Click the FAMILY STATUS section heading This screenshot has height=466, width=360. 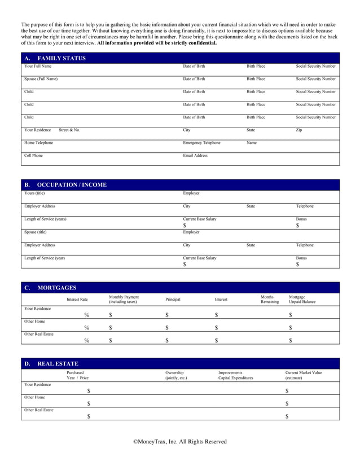62,59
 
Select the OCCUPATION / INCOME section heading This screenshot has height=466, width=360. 72,185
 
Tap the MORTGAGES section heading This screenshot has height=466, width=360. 56,288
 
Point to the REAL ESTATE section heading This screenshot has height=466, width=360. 58,364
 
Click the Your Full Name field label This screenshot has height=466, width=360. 38,67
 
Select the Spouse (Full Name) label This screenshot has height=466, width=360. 41,79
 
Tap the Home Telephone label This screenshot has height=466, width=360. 38,143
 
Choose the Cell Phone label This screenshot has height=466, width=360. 33,155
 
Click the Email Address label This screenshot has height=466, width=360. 195,155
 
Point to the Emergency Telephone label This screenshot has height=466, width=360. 201,143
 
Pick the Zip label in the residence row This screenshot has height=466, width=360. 299,130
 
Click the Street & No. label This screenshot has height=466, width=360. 69,130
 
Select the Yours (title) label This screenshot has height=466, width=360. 34,193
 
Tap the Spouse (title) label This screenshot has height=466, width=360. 36,231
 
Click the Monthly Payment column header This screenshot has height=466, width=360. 124,300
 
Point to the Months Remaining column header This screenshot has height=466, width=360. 269,300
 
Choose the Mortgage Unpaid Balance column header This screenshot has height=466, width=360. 302,300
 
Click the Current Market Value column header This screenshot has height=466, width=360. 304,375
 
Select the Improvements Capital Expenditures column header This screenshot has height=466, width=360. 235,375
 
